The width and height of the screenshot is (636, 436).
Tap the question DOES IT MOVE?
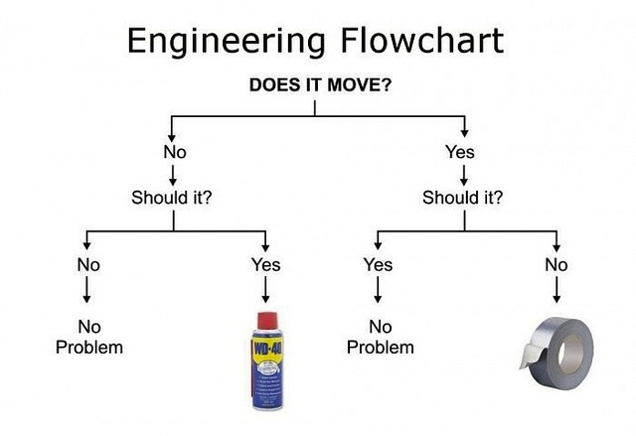click(318, 84)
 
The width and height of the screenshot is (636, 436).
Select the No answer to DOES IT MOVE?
click(175, 152)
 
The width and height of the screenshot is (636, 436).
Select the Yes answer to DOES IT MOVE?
click(461, 152)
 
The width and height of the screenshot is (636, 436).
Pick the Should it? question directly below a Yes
click(462, 197)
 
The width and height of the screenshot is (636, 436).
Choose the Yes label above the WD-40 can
click(265, 264)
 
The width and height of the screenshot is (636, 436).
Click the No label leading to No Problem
click(88, 264)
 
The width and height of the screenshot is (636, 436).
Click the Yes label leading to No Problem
click(378, 264)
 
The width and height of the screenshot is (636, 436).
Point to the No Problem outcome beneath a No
click(88, 337)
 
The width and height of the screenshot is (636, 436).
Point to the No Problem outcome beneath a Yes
click(378, 337)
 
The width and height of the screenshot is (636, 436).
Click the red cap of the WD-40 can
click(264, 321)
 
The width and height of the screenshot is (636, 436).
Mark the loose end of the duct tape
click(524, 361)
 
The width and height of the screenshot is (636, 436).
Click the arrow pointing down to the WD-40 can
click(265, 290)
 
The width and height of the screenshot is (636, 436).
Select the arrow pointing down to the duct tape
click(556, 290)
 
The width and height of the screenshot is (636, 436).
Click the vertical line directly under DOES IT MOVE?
click(316, 107)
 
